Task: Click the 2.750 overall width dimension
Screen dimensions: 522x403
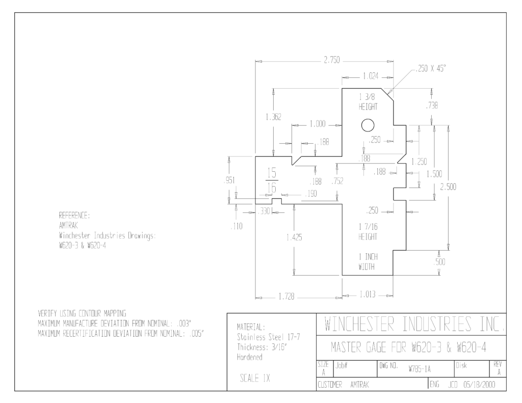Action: click(332, 60)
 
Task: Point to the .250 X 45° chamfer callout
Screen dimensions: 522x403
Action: click(431, 69)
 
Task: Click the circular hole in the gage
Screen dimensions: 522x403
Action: click(368, 125)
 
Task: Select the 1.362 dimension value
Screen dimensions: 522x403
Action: click(273, 117)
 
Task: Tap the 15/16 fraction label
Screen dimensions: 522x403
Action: click(272, 181)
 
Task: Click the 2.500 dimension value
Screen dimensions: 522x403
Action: click(448, 186)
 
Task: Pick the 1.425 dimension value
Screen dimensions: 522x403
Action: click(294, 237)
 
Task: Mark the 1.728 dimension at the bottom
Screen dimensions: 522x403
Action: click(286, 297)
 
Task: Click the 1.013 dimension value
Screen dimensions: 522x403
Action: click(368, 294)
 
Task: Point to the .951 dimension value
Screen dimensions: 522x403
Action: click(229, 180)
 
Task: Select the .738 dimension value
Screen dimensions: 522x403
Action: click(432, 105)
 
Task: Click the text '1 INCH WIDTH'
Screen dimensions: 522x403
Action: click(368, 261)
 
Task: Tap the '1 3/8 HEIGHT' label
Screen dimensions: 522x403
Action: click(368, 102)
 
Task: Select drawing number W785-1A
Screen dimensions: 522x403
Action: click(420, 369)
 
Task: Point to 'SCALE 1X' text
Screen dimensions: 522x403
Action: click(255, 378)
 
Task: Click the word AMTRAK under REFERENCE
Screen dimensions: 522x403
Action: click(68, 226)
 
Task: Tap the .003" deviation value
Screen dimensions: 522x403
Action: click(184, 323)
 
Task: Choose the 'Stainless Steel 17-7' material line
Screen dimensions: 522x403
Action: click(268, 337)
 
